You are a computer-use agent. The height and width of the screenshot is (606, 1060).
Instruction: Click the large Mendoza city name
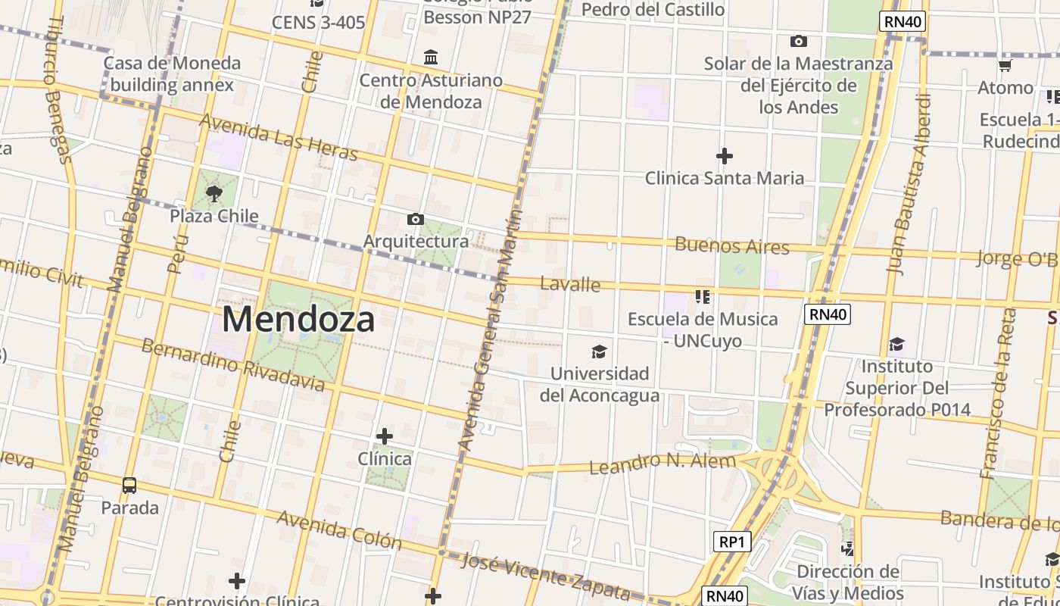[x=298, y=320]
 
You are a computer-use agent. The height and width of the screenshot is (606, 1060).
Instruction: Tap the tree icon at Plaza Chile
[x=214, y=193]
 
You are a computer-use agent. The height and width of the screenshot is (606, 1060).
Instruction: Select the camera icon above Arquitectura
[x=415, y=220]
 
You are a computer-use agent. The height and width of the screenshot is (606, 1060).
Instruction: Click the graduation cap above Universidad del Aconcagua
[x=599, y=351]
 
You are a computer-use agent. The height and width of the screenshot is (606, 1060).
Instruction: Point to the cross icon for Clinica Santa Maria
[x=725, y=156]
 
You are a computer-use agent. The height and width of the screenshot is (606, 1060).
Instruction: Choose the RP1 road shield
[x=732, y=542]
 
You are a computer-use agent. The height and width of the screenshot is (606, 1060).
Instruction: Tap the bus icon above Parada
[x=129, y=486]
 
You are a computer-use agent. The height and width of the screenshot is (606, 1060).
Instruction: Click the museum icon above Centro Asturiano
[x=432, y=58]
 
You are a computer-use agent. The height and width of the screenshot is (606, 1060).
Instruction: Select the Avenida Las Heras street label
[x=278, y=137]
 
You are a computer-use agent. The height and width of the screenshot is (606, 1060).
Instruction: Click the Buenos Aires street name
[x=731, y=245]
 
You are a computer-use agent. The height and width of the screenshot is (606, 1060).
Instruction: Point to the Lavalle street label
[x=570, y=285]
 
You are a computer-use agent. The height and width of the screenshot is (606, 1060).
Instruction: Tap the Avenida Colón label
[x=338, y=529]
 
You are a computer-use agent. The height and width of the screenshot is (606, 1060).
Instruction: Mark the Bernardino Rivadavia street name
[x=233, y=364]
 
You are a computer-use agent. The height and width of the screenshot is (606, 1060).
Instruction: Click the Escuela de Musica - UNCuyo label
[x=703, y=330]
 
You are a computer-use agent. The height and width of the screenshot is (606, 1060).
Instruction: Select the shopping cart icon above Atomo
[x=1005, y=66]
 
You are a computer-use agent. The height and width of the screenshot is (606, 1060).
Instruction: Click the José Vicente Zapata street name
[x=545, y=575]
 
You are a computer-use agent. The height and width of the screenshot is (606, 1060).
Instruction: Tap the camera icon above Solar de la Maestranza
[x=798, y=41]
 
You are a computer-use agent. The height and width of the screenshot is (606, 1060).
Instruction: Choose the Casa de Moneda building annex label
[x=172, y=73]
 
